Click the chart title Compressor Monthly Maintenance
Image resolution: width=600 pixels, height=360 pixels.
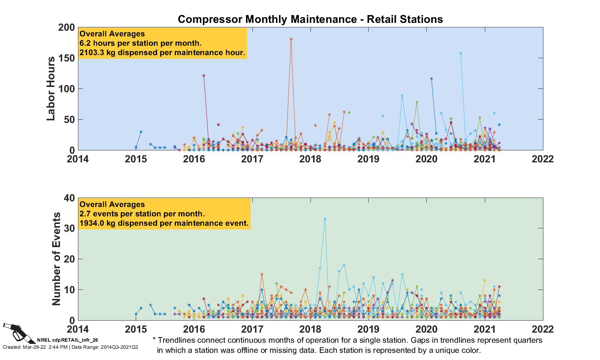click(x=310, y=19)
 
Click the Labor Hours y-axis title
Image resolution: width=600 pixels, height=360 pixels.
click(x=51, y=88)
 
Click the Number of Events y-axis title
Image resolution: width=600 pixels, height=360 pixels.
click(x=56, y=259)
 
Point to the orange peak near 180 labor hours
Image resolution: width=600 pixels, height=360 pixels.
click(x=291, y=39)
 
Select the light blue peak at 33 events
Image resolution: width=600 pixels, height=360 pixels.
click(x=325, y=219)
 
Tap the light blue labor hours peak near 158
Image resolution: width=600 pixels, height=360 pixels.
click(x=460, y=53)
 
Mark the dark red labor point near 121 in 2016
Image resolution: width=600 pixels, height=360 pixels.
click(x=204, y=75)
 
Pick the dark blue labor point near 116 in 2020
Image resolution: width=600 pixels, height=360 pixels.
click(x=431, y=78)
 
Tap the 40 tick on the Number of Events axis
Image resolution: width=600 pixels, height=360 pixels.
click(x=70, y=198)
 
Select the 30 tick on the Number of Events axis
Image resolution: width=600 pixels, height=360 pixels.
click(x=70, y=228)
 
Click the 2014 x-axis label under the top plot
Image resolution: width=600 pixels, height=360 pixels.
click(x=78, y=159)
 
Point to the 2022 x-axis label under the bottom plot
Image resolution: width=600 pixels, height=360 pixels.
click(x=543, y=329)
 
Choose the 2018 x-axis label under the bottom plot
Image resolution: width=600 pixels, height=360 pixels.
click(x=310, y=329)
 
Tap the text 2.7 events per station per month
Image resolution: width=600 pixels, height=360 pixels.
click(x=142, y=214)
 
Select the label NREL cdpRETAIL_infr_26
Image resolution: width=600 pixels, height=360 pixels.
click(x=67, y=340)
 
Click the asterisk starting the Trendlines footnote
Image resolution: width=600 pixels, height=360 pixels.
click(x=154, y=340)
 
